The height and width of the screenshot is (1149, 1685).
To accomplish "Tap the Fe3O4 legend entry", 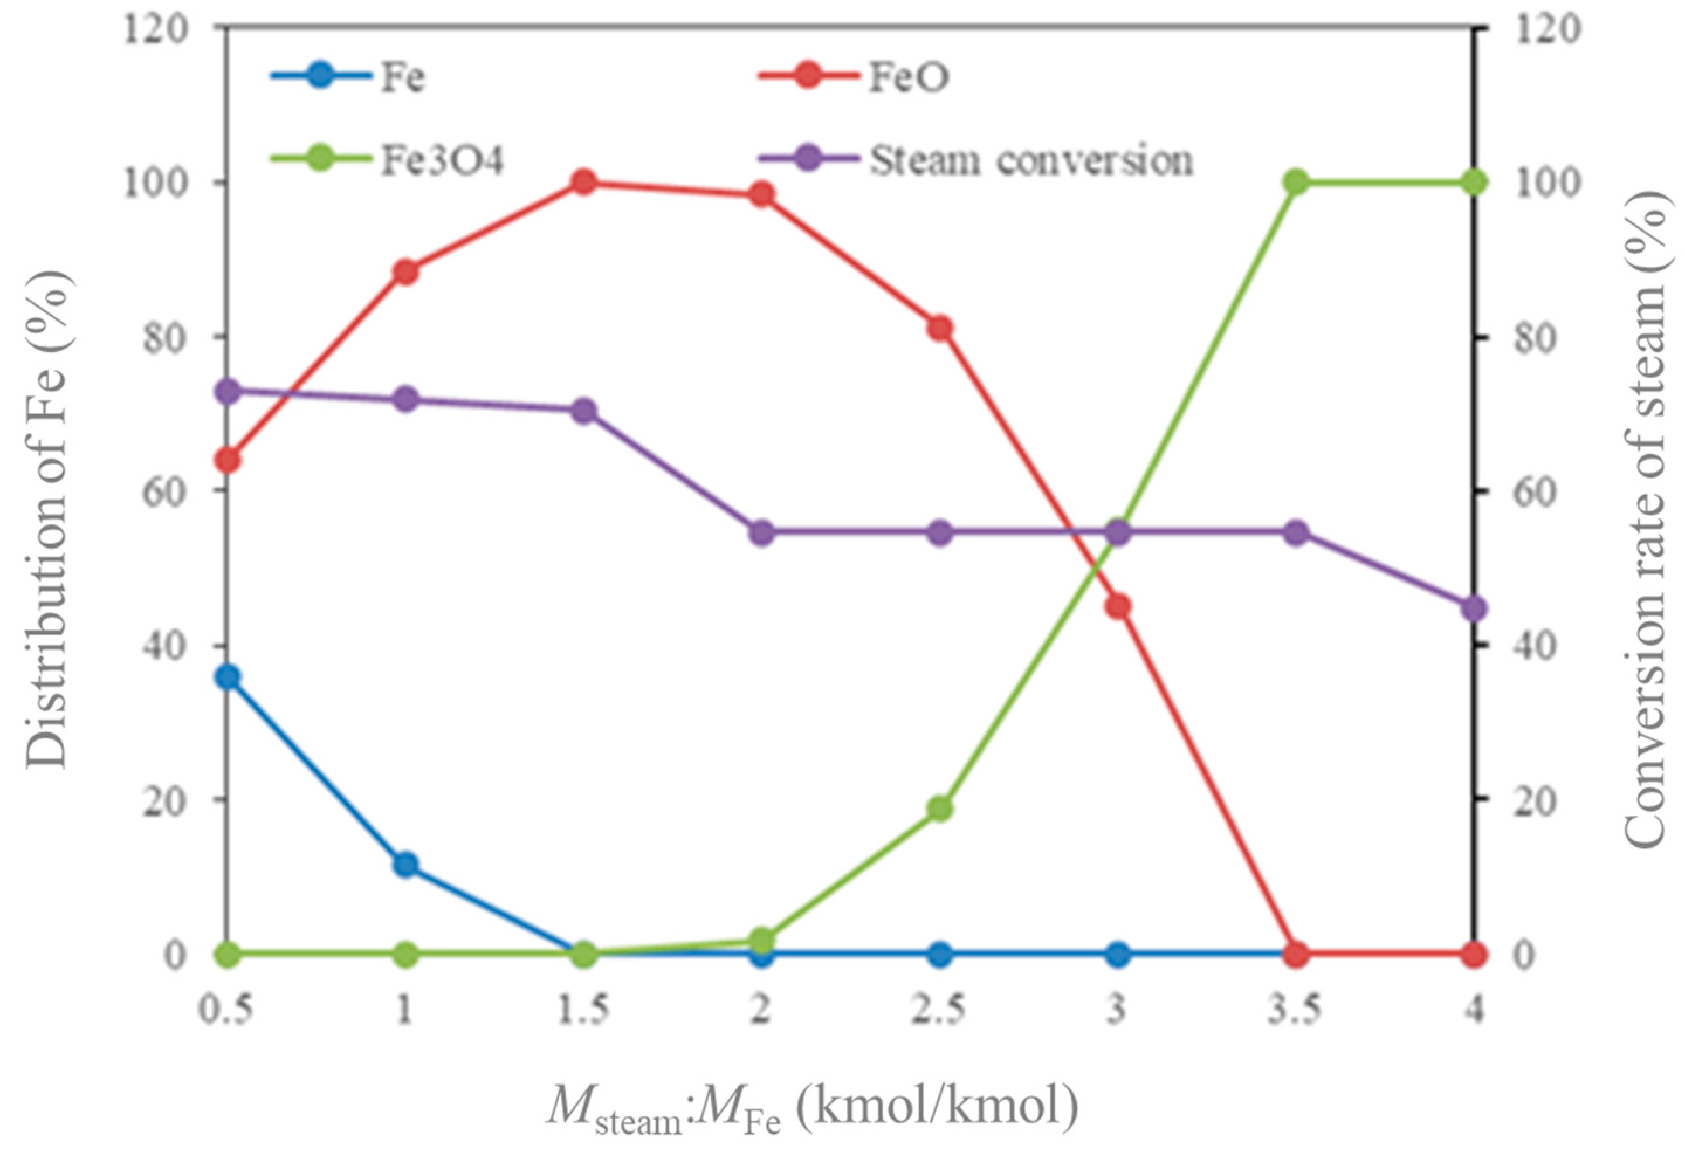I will (x=388, y=160).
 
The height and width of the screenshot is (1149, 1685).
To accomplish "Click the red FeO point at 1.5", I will (x=584, y=182).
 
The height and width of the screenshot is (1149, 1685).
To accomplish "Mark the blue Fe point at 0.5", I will (x=228, y=677).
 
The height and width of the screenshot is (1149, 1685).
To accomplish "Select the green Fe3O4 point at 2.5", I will (x=940, y=809).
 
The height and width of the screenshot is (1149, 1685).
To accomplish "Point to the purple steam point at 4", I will (x=1474, y=609).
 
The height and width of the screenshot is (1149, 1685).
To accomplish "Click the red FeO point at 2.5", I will (x=940, y=328).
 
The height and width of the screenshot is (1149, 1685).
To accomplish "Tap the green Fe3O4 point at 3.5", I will (x=1297, y=182).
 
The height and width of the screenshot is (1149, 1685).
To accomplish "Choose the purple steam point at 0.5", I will (x=228, y=391).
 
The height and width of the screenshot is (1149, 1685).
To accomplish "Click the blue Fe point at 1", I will (x=406, y=864).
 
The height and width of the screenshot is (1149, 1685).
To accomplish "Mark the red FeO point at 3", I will (x=1119, y=606).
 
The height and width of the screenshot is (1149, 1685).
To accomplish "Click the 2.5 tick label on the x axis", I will (x=940, y=1010).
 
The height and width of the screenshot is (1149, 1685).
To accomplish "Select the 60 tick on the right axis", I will (x=1529, y=491).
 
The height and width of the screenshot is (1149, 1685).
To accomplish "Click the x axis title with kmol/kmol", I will (x=812, y=1109).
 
